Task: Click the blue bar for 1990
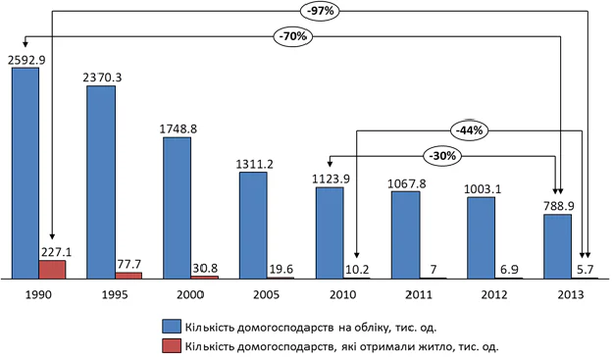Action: [x=26, y=174]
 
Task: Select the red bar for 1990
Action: [x=52, y=270]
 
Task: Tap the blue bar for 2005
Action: [x=253, y=226]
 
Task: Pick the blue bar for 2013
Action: [x=557, y=246]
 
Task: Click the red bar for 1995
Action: [x=128, y=276]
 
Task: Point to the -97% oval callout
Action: [x=320, y=12]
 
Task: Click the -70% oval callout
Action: [x=293, y=36]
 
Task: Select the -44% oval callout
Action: [x=469, y=130]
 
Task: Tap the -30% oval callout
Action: [x=442, y=156]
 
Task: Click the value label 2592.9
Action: [x=26, y=60]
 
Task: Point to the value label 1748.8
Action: [x=178, y=129]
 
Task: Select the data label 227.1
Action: [x=56, y=252]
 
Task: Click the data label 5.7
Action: [x=585, y=270]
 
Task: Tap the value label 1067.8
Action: [x=407, y=183]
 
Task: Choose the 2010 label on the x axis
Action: [x=343, y=294]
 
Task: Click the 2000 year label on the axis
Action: [x=190, y=294]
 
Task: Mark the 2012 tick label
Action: [x=494, y=294]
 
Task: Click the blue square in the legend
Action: [x=172, y=327]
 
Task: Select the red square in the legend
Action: [x=172, y=346]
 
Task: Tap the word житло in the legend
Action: [x=438, y=346]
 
